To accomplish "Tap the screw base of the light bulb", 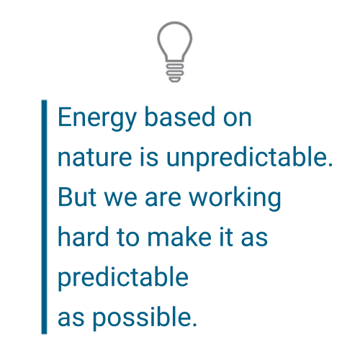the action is [175, 73].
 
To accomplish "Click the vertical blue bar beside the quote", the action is [44, 217].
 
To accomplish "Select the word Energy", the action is [97, 118].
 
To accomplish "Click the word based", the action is [180, 117].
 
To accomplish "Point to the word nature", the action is [95, 158].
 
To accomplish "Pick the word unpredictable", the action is [249, 158].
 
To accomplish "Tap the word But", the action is [77, 197].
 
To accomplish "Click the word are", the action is [163, 199].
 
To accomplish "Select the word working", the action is [235, 199].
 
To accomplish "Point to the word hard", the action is [83, 237].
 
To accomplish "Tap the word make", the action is [179, 237].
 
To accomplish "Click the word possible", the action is [145, 318].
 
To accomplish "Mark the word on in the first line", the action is [237, 119].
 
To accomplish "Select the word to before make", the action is [127, 238].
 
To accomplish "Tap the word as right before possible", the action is [71, 319].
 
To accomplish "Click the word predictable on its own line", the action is [123, 279].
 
